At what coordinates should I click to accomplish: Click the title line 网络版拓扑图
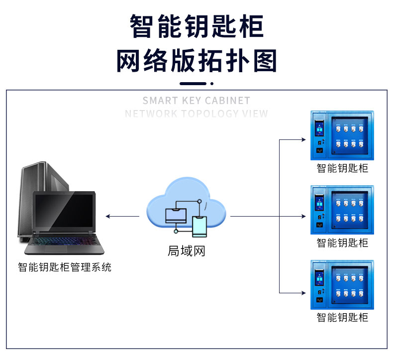(196, 61)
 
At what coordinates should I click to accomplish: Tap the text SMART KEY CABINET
(196, 101)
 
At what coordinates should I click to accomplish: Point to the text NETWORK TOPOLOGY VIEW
(196, 114)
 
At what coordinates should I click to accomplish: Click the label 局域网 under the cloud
(187, 251)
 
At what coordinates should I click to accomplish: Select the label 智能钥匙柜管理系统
(65, 267)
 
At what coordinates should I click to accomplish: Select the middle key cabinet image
(342, 210)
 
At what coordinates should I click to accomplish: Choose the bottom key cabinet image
(342, 285)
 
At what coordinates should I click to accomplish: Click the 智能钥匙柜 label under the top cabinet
(342, 168)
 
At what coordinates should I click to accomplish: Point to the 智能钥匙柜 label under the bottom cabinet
(342, 317)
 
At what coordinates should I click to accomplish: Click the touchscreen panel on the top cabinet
(319, 129)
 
